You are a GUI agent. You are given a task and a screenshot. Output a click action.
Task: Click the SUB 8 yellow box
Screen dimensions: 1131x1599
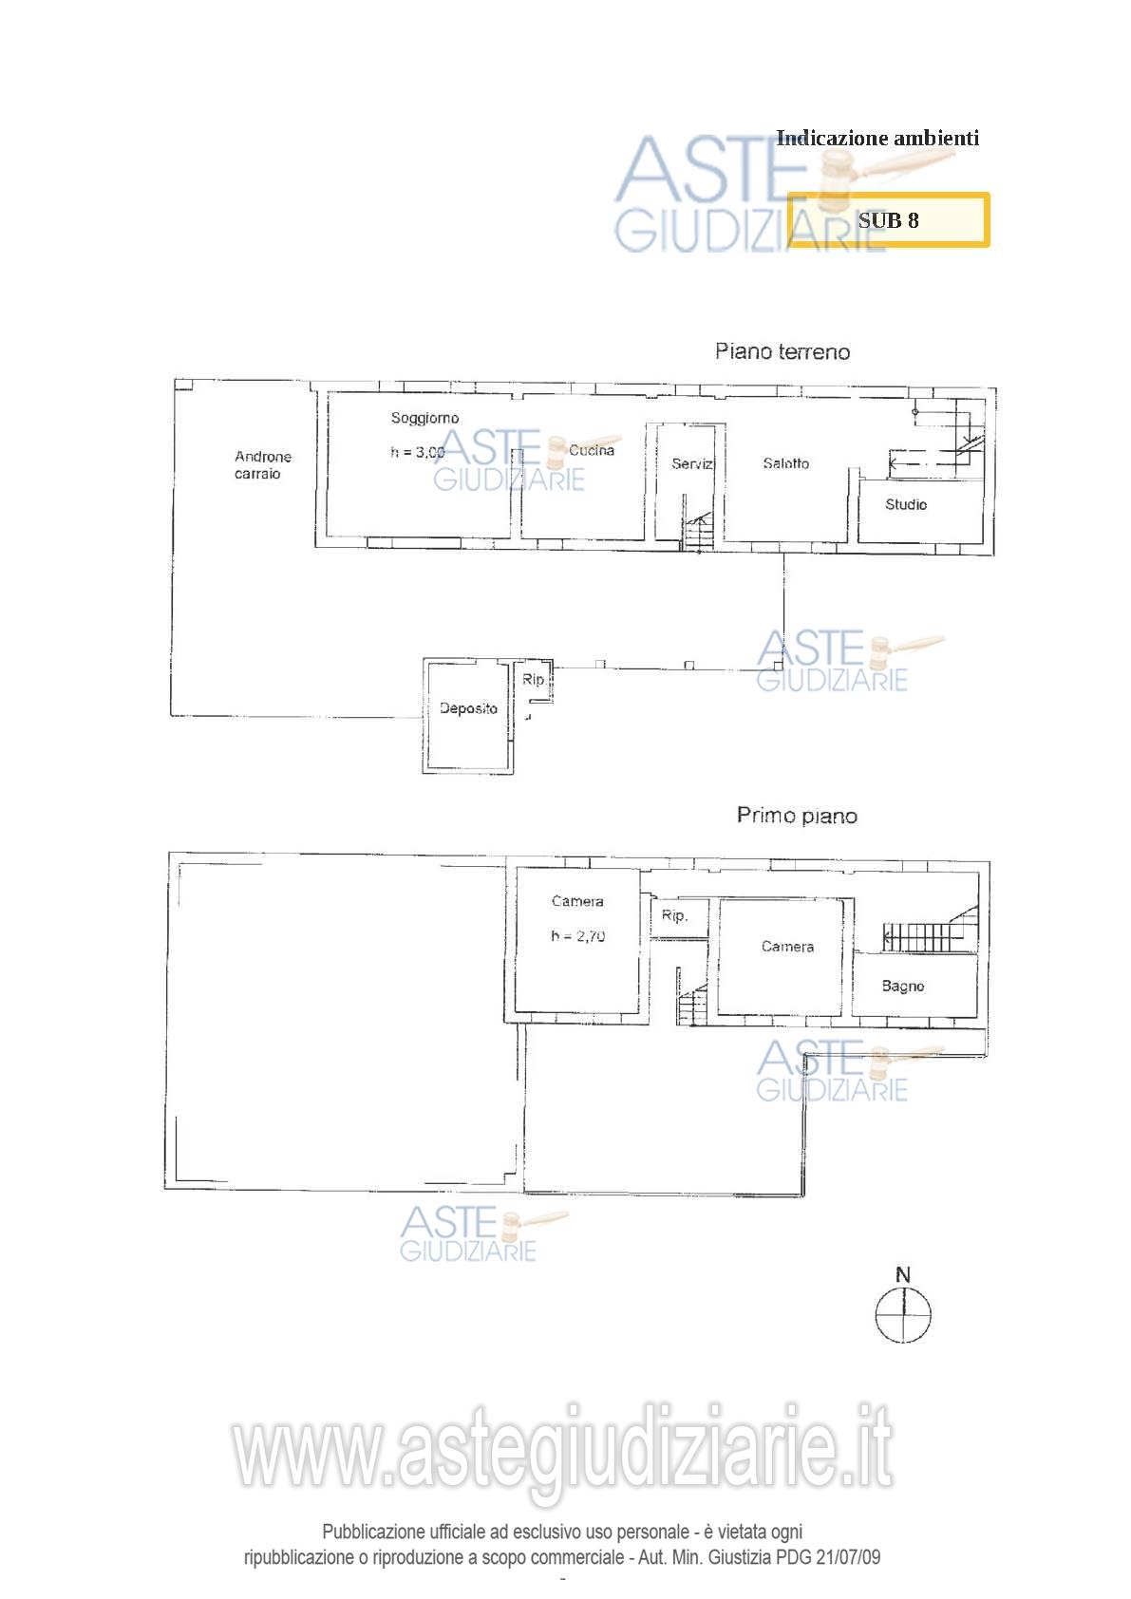coord(888,220)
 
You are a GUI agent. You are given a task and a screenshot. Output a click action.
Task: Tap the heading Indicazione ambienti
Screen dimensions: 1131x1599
coord(877,138)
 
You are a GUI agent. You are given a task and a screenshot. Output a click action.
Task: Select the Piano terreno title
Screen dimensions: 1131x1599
coord(782,351)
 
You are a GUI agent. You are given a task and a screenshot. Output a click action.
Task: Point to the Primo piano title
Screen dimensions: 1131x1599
coord(797,816)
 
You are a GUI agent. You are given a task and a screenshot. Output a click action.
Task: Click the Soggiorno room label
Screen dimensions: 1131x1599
coord(424,419)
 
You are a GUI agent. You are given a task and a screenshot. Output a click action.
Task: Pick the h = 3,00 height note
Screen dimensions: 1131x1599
coord(418,452)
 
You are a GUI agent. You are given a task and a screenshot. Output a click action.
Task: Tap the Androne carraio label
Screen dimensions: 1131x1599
coord(263,464)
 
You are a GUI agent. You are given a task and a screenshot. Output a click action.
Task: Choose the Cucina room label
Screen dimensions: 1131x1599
coord(592,450)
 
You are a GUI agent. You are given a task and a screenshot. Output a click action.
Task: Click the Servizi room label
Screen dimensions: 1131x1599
coord(692,464)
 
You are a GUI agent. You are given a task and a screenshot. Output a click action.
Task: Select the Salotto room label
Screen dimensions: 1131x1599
coord(786,463)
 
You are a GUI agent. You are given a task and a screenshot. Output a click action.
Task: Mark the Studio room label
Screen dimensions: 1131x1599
coord(906,505)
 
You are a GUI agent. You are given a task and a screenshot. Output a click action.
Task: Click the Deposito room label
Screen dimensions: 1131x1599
coord(468,708)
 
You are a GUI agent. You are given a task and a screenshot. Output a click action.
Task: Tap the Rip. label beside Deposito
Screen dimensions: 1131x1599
coord(534,680)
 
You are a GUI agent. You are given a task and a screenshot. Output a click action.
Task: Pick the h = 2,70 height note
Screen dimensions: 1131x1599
coord(577,936)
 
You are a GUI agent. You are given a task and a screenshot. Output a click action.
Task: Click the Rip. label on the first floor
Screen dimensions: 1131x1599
coord(674,916)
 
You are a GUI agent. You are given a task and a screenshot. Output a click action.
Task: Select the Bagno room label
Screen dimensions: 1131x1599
coord(903,986)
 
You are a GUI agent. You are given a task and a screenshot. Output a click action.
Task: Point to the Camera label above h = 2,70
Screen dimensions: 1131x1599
coord(577,901)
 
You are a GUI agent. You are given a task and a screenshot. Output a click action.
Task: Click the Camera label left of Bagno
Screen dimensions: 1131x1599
coord(787,947)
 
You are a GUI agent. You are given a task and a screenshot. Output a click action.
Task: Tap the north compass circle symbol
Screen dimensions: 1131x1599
coord(903,1315)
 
